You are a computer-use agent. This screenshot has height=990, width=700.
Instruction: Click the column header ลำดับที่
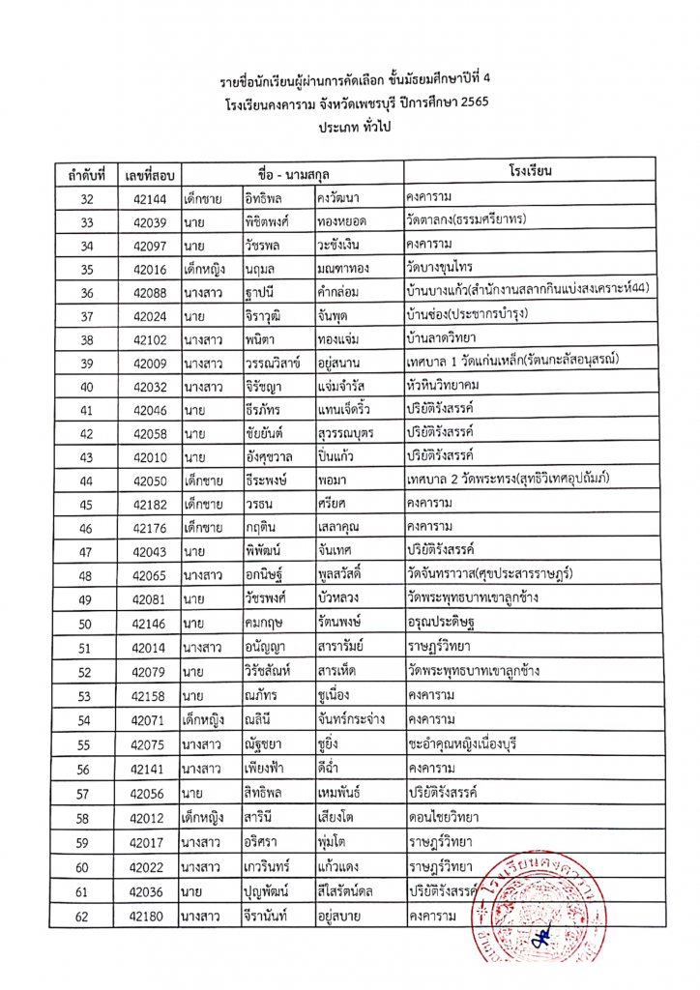point(87,175)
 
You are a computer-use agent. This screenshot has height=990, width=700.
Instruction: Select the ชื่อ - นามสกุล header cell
point(291,174)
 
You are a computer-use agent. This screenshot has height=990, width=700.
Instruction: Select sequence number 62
point(87,913)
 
